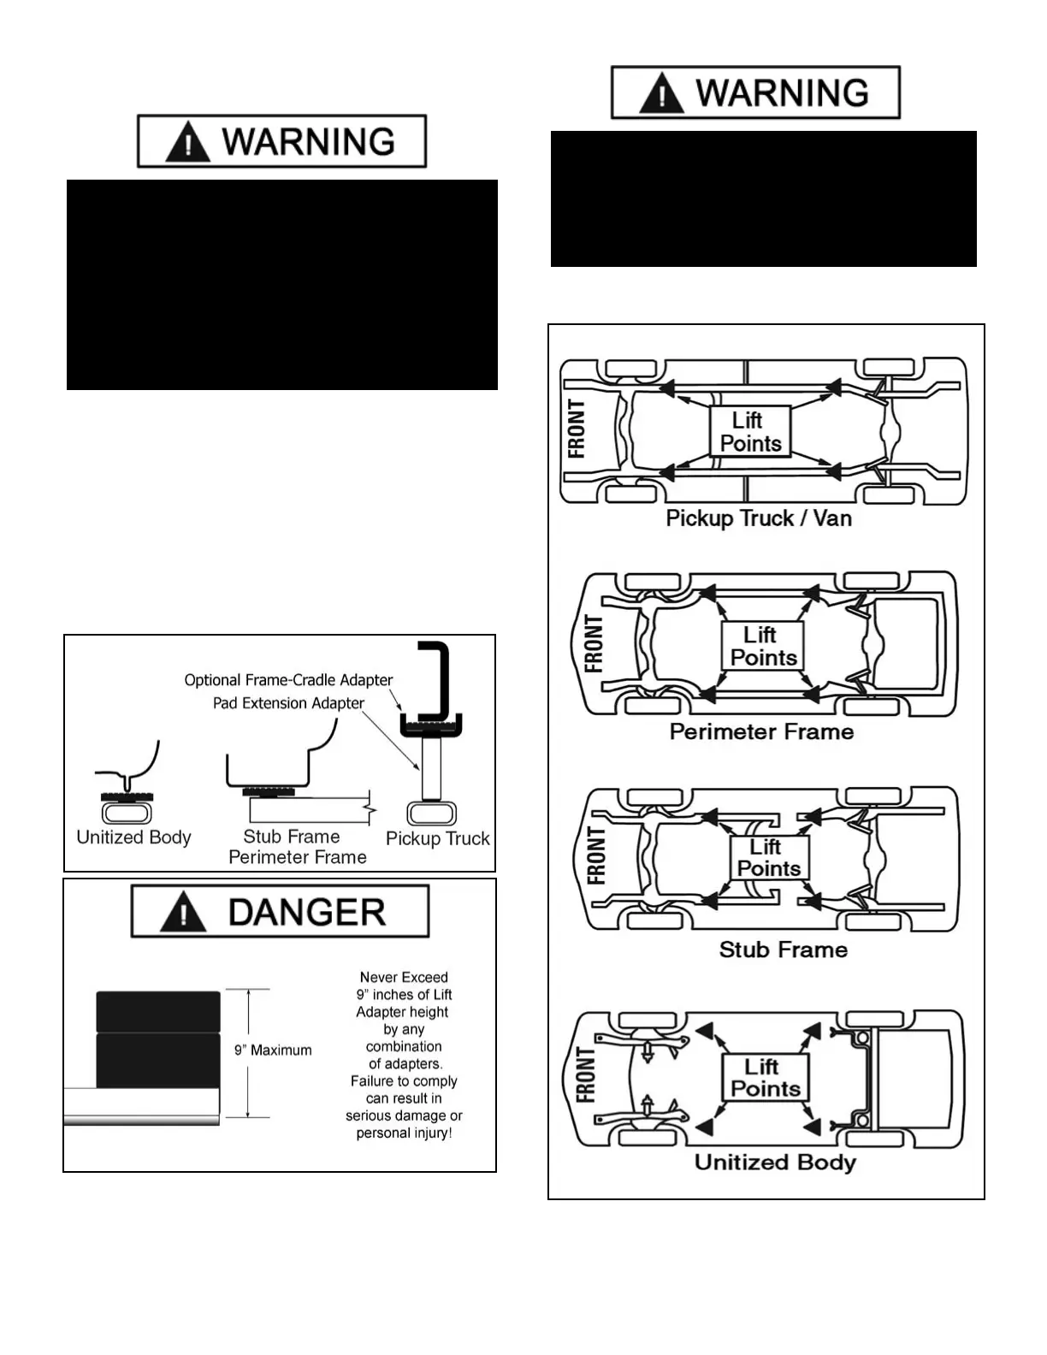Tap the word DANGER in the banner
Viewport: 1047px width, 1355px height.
[306, 913]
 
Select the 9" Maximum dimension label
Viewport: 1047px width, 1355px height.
[273, 1050]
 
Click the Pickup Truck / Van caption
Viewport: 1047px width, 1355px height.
[759, 518]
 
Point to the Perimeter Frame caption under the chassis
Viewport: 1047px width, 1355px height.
[761, 731]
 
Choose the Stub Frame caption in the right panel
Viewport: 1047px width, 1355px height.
[783, 950]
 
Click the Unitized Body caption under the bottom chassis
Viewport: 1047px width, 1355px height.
[775, 1162]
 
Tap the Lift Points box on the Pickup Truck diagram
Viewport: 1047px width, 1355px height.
[750, 432]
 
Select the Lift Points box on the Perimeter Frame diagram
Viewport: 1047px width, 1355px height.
[762, 646]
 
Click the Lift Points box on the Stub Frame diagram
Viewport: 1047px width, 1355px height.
[768, 857]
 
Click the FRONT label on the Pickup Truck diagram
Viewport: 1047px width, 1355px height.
[577, 429]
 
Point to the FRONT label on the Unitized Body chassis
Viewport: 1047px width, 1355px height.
[585, 1075]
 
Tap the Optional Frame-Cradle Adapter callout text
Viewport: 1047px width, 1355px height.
[288, 680]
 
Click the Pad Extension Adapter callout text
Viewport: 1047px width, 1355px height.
[288, 703]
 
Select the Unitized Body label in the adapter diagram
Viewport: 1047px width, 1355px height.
[133, 837]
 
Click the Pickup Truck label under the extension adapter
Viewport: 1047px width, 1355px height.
[437, 838]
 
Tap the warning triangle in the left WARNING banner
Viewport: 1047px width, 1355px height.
[187, 142]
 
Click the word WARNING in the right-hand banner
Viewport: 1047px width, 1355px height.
[782, 92]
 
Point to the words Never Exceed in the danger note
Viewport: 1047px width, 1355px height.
[404, 977]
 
